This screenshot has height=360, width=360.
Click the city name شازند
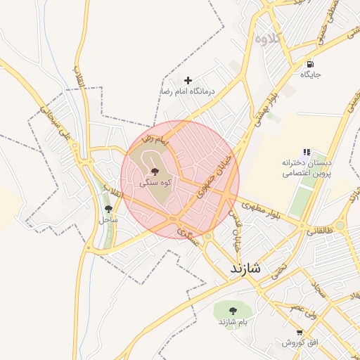point(245,269)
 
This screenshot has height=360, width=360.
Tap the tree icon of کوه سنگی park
point(155,171)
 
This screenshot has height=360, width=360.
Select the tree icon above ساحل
point(108,209)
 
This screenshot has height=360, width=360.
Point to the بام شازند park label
point(231,322)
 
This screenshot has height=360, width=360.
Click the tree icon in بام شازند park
point(232,311)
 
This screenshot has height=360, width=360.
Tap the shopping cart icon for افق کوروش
point(300,333)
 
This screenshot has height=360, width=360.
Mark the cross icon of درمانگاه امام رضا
point(188,81)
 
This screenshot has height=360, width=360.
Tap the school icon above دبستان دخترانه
point(307,152)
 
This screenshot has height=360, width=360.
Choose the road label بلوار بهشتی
point(277,105)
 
